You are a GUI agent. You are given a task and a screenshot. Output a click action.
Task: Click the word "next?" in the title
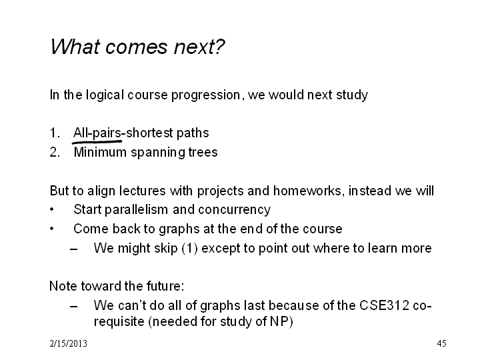coord(199,47)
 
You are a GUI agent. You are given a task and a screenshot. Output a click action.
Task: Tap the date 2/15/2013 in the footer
coord(68,343)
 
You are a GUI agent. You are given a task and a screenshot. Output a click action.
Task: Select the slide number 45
coord(442,343)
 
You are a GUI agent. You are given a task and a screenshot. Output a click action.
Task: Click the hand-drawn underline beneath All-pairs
coord(97,142)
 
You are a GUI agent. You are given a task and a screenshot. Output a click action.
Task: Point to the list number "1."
coord(55,133)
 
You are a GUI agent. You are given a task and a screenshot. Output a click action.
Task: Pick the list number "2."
coord(55,152)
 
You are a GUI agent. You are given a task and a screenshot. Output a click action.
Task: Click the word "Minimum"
coord(100,152)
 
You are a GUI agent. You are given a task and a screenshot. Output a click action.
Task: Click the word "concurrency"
coord(234,210)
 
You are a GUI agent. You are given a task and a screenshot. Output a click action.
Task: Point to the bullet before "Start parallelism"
coord(52,210)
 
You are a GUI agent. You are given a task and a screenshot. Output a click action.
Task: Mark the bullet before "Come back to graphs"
coord(52,229)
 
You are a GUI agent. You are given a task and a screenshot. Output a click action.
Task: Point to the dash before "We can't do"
coord(73,306)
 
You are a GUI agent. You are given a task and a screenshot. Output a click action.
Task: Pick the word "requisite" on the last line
coord(119,322)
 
